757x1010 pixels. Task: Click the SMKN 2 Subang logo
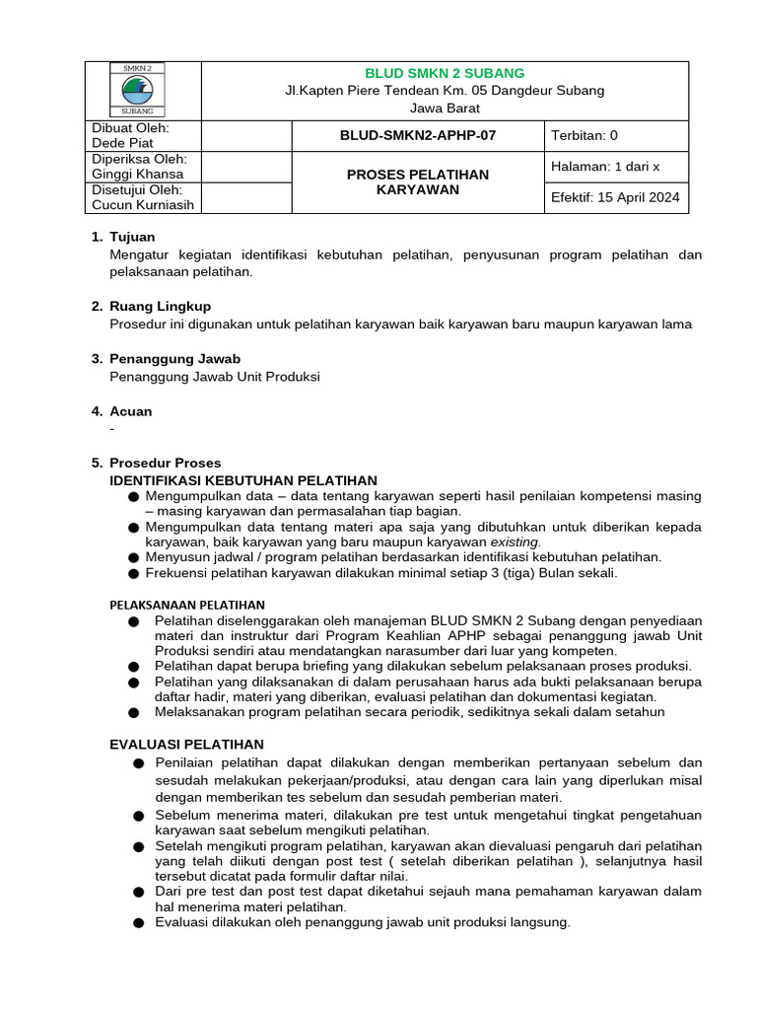[143, 90]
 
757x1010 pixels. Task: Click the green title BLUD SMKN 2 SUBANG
[445, 73]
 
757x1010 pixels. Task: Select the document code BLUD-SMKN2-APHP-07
[418, 136]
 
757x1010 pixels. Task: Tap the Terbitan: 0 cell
[585, 136]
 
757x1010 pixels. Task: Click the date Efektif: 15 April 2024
[615, 197]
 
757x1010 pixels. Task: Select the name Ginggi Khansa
[137, 174]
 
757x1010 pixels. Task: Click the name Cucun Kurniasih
[143, 205]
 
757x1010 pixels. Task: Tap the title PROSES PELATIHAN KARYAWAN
[418, 181]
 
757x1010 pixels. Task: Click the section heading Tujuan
[132, 237]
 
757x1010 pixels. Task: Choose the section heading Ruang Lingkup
[160, 306]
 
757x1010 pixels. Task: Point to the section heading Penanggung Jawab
[174, 358]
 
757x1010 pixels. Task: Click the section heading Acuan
[130, 410]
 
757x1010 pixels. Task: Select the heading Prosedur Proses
[166, 463]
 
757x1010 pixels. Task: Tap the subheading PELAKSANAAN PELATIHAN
[186, 604]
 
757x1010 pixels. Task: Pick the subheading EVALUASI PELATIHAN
[186, 744]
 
